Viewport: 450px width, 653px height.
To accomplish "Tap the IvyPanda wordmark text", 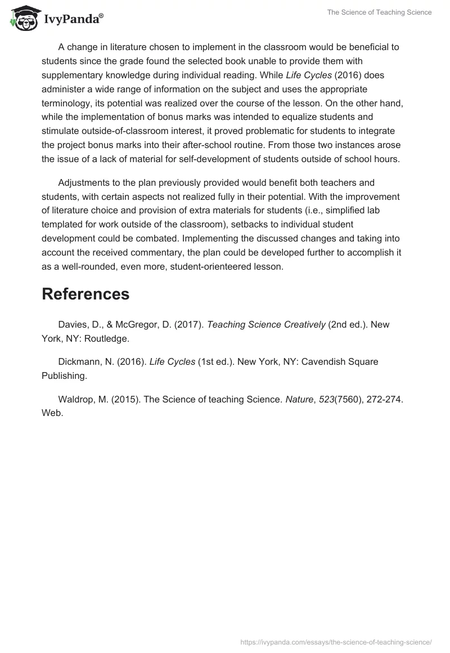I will pos(73,19).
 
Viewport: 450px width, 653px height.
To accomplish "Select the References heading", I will pos(85,294).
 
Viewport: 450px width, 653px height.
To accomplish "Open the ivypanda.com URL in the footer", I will pos(336,642).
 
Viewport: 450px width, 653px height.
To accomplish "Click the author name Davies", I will pos(73,325).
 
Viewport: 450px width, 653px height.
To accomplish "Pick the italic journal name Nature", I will pos(300,399).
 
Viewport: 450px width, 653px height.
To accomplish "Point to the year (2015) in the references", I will pos(124,399).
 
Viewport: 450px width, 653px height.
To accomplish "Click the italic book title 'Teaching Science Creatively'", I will pos(266,325).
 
